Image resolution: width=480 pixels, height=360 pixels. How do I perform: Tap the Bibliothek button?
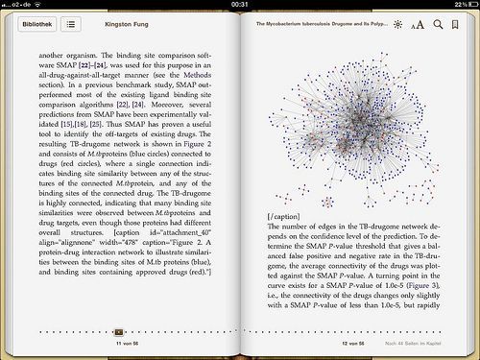pos(35,23)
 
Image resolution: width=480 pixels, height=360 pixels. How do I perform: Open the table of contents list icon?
pos(71,23)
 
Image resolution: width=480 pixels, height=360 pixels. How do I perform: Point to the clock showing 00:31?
pos(240,4)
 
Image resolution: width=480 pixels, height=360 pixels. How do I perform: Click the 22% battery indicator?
pos(461,4)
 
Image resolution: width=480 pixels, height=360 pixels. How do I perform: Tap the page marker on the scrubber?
pos(119,331)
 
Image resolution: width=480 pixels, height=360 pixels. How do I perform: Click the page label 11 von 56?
pos(127,342)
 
